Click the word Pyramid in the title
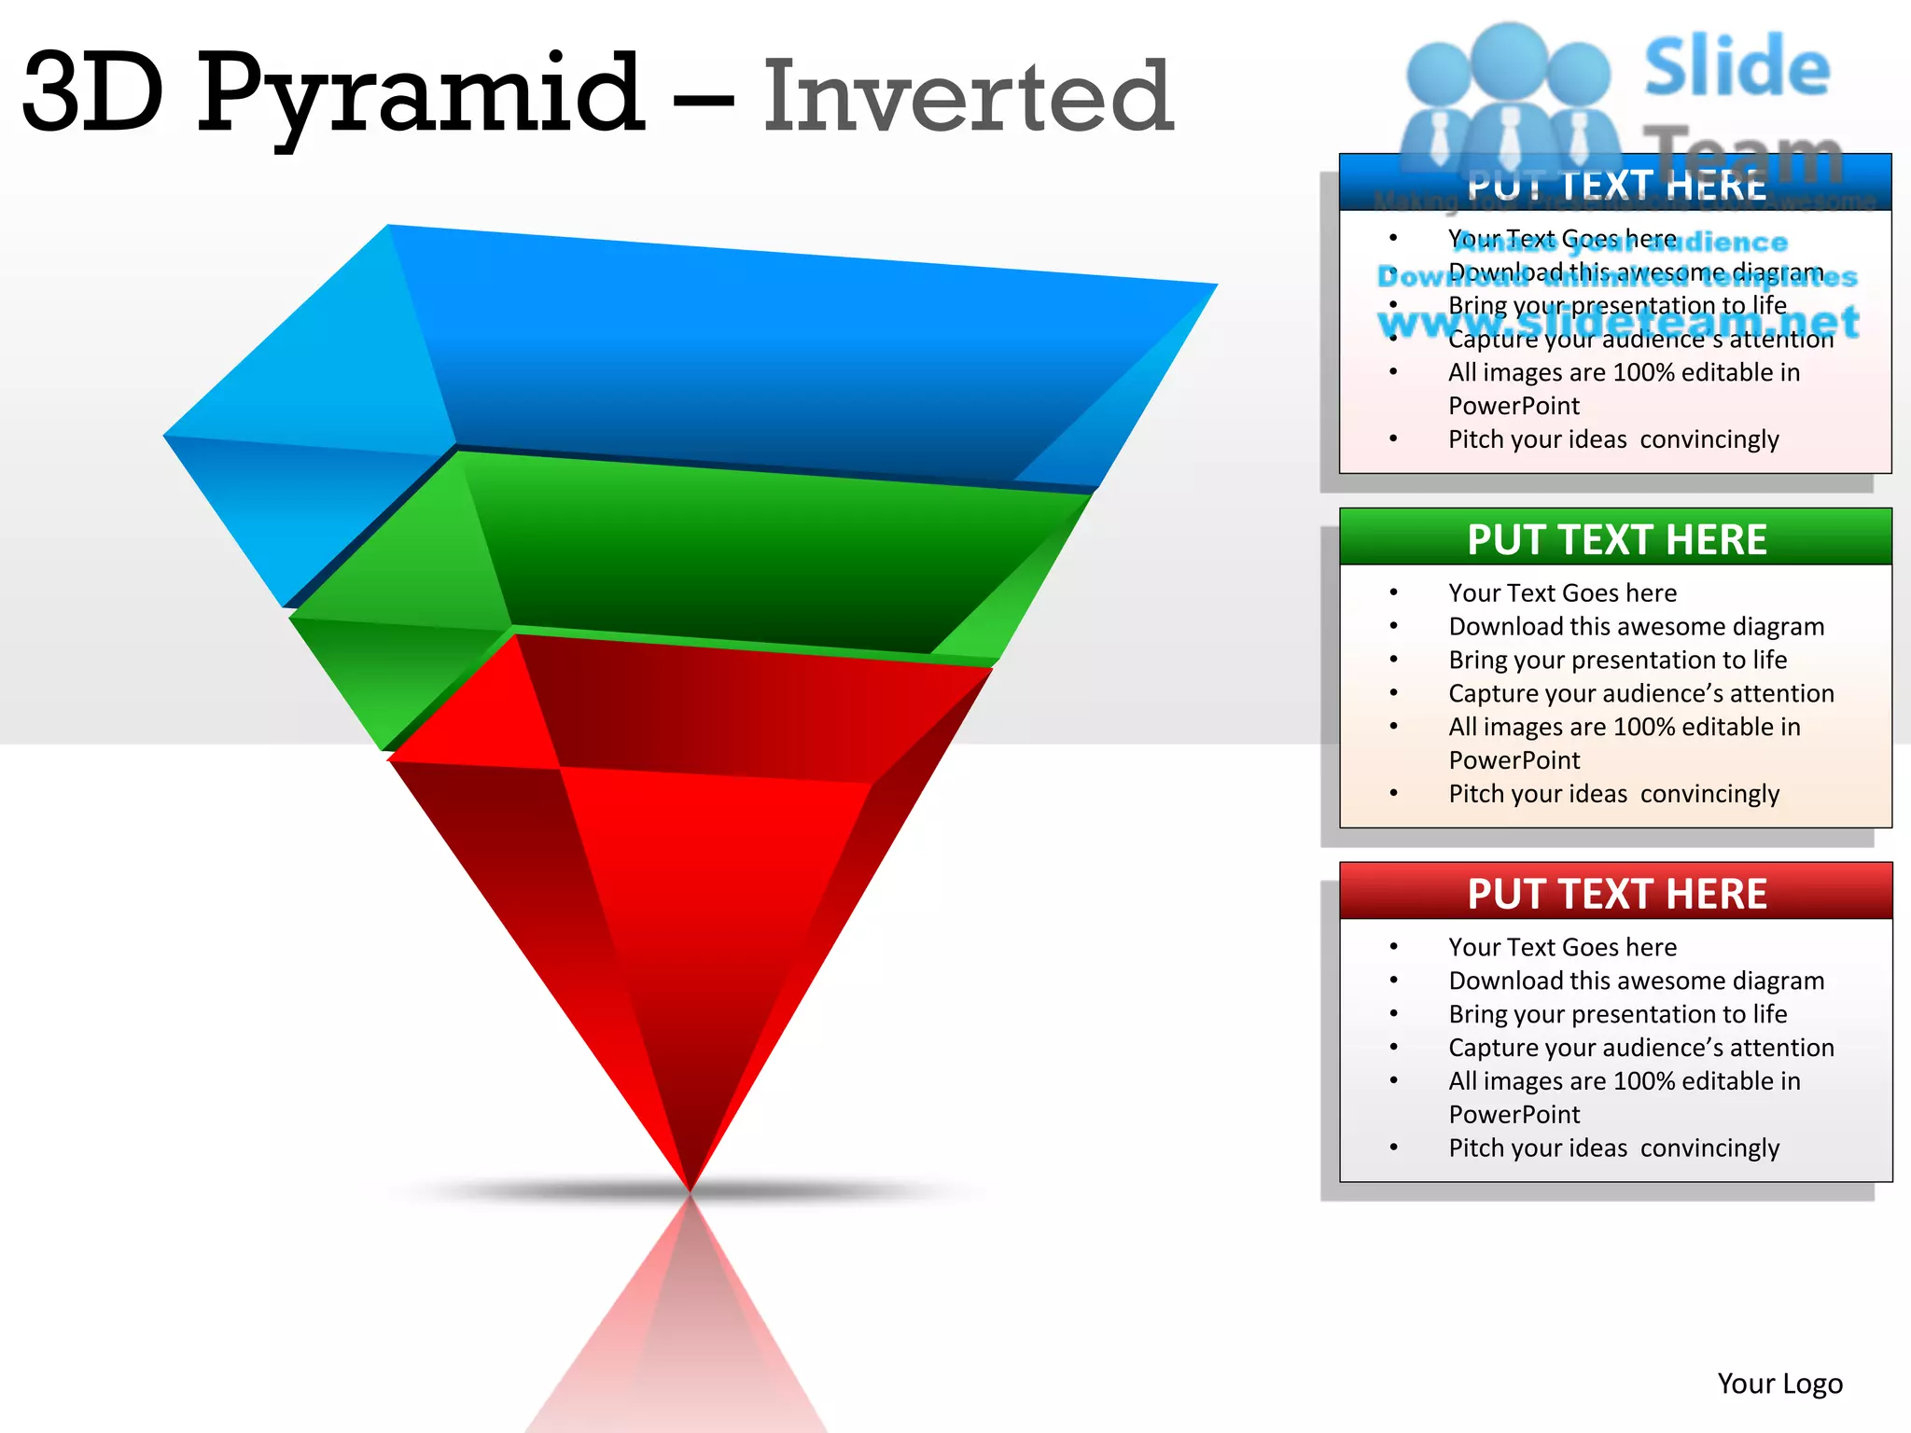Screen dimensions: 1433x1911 tap(420, 93)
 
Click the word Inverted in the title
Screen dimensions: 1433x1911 tap(968, 96)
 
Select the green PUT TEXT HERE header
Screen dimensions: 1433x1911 tap(1616, 539)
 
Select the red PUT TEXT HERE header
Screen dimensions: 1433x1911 tap(1616, 894)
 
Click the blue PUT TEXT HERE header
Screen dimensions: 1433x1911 tap(1616, 185)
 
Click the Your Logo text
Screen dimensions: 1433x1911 tap(1779, 1383)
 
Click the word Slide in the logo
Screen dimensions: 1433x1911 tap(1737, 67)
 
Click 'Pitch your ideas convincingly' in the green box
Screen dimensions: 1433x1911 tap(1613, 794)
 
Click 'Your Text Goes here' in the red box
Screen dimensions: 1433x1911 tap(1562, 947)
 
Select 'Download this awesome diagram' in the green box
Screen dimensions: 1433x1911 tap(1636, 626)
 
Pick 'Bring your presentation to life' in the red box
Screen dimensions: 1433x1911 tap(1617, 1014)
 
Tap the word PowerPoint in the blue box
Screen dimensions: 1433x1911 tap(1513, 406)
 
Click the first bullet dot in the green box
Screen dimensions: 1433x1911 tap(1393, 592)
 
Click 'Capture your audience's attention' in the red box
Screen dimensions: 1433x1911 tap(1640, 1048)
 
